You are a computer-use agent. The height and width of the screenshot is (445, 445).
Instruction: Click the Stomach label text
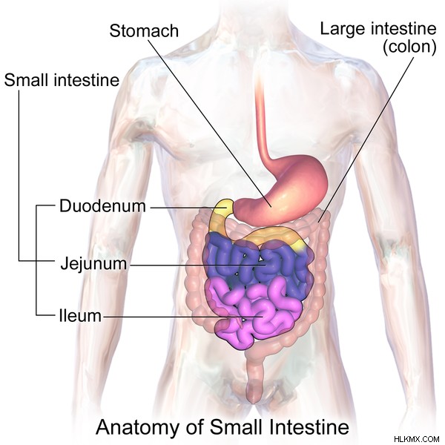pos(144,30)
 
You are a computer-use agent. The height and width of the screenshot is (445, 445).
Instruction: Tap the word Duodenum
pos(102,205)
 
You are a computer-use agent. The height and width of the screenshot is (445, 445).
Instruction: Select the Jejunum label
pos(93,264)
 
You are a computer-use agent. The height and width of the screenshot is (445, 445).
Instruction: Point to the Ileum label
pos(80,316)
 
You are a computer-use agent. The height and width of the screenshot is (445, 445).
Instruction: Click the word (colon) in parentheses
pos(409,47)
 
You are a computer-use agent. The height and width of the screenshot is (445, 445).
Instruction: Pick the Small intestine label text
pos(62,80)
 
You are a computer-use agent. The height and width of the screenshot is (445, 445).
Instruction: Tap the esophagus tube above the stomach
pos(261,119)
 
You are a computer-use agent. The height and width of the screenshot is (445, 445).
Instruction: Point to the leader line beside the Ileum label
pos(182,317)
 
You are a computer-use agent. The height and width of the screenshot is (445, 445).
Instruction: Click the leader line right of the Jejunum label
pos(197,266)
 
